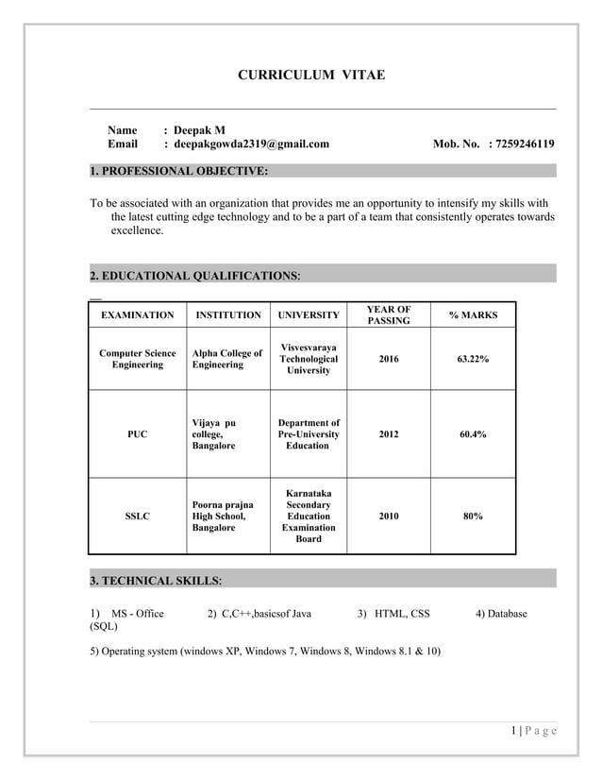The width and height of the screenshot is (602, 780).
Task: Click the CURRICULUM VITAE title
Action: [x=309, y=75]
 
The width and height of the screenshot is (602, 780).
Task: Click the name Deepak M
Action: [x=200, y=129]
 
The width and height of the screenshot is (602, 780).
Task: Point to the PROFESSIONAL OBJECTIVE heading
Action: [x=178, y=171]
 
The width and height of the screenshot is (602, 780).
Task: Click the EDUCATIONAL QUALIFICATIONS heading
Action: [x=195, y=276]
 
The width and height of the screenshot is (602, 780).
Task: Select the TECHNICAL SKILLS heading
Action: [x=156, y=580]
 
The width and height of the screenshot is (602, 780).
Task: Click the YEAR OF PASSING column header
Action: [x=388, y=315]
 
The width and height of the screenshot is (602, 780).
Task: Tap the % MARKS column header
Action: [x=473, y=315]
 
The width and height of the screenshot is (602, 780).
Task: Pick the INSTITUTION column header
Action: [x=226, y=315]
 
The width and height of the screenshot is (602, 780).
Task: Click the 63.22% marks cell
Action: [x=473, y=360]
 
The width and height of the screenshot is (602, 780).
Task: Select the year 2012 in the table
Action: [x=388, y=434]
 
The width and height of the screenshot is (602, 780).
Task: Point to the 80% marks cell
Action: [x=473, y=517]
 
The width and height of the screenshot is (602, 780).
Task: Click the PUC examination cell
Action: [x=137, y=434]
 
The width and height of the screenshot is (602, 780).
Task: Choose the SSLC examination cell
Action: [x=137, y=517]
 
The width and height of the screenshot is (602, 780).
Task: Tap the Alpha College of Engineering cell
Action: [x=226, y=359]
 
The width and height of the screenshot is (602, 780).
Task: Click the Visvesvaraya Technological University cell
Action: [x=309, y=359]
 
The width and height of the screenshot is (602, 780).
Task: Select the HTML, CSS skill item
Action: [x=393, y=614]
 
